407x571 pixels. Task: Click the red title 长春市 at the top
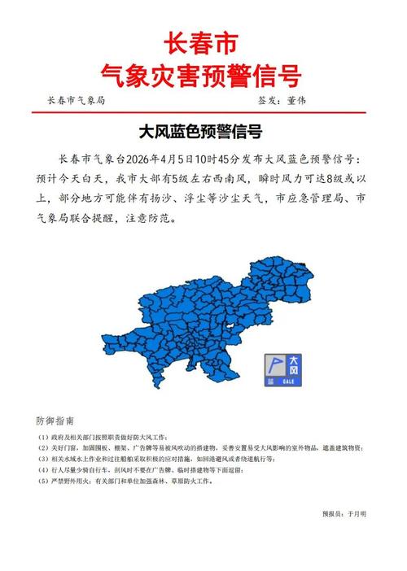pos(203,42)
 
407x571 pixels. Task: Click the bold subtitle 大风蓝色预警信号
pos(203,129)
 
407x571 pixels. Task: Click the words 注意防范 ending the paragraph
pos(149,219)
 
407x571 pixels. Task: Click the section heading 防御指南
pos(55,421)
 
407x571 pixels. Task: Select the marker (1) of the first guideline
pos(43,437)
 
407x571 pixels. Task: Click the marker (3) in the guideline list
pos(43,459)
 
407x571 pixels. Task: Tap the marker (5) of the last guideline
pos(43,481)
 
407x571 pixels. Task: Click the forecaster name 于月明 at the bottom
pos(357,513)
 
